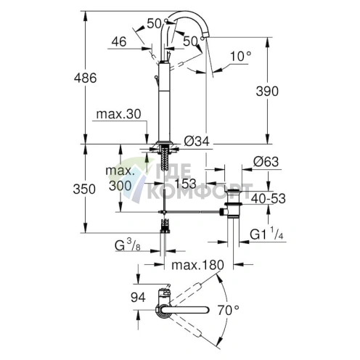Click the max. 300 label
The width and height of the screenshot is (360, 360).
(x=121, y=179)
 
